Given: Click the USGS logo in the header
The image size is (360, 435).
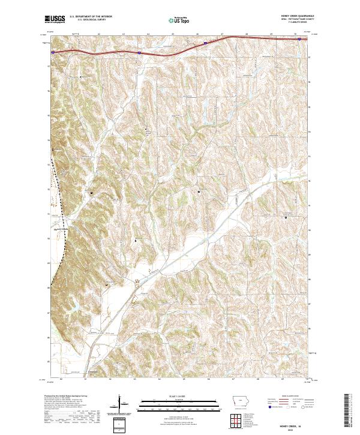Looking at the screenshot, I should coord(55,19).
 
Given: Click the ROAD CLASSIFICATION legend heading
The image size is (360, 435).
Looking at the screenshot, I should coord(286,397).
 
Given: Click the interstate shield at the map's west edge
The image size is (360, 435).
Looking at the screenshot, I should coord(53,52).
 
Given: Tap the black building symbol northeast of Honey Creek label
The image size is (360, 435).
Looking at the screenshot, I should coord(91,193).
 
